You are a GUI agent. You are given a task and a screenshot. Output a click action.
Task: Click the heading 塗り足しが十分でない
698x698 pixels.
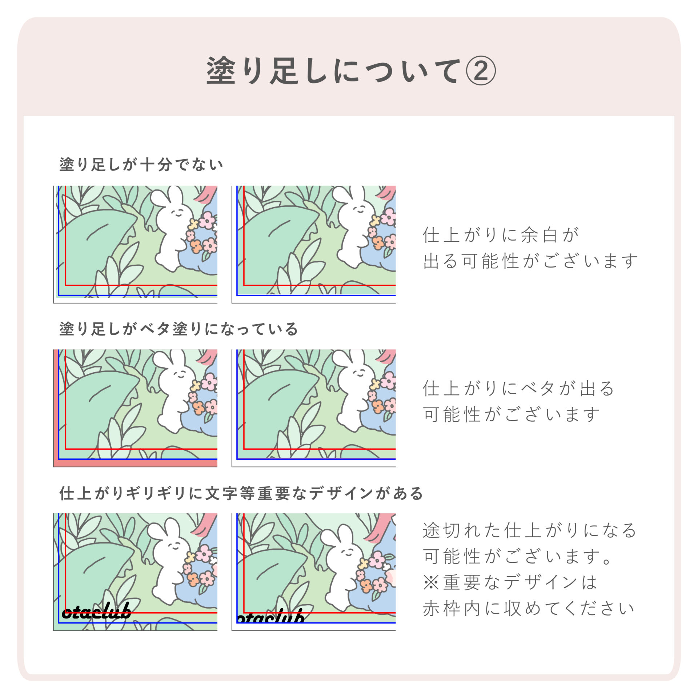pyautogui.click(x=141, y=165)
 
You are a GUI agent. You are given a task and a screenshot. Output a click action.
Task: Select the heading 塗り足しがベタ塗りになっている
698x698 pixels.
pyautogui.click(x=179, y=329)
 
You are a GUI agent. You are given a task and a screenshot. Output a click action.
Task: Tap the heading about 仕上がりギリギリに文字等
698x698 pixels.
pyautogui.click(x=241, y=493)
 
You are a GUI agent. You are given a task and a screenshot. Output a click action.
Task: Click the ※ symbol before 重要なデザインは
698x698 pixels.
pyautogui.click(x=432, y=582)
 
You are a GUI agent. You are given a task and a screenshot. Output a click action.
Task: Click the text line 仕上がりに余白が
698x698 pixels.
pyautogui.click(x=501, y=235)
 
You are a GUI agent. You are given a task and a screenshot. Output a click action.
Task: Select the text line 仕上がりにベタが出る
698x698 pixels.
pyautogui.click(x=518, y=388)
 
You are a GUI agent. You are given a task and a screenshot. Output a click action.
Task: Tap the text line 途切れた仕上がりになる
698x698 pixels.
pyautogui.click(x=530, y=530)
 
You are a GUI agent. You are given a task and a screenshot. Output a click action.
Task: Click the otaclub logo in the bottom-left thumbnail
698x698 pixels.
pyautogui.click(x=97, y=612)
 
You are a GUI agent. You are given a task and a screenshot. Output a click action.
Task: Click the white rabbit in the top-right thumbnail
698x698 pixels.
pyautogui.click(x=354, y=227)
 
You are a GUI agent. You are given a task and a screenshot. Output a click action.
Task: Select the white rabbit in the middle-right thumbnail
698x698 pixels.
pyautogui.click(x=354, y=391)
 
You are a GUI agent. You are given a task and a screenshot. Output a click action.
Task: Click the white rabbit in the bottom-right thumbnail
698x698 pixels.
pyautogui.click(x=344, y=569)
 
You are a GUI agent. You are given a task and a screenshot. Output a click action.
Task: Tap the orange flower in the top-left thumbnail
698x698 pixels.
pyautogui.click(x=196, y=246)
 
